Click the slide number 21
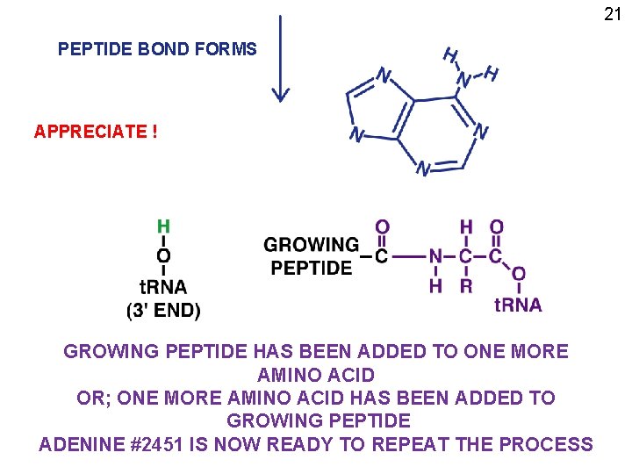(x=613, y=13)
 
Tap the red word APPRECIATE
(x=90, y=132)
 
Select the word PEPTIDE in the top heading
(x=96, y=49)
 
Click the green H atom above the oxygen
(x=163, y=226)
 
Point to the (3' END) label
(x=163, y=310)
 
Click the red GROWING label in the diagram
(x=311, y=244)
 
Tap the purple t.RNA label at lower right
(x=518, y=305)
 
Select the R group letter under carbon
(x=465, y=285)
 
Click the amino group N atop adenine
(x=463, y=80)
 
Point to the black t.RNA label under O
(x=163, y=286)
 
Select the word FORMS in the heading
(x=229, y=49)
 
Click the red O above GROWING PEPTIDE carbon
(x=382, y=227)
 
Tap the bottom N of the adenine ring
(x=423, y=168)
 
